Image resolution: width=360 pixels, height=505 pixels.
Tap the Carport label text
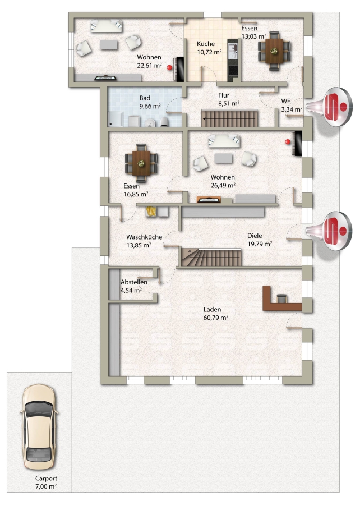[46, 478]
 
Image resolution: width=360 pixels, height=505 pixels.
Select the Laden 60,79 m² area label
[215, 313]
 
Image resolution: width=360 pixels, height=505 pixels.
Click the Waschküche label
[144, 237]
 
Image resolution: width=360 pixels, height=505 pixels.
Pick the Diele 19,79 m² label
[259, 240]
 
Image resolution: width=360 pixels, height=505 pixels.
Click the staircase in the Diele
[211, 257]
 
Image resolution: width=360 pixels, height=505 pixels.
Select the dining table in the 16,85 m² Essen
[141, 163]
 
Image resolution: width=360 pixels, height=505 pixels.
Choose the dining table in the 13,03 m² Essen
[274, 51]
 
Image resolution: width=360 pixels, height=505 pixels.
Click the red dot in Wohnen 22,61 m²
[169, 68]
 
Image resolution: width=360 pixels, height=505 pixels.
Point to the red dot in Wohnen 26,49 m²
[288, 142]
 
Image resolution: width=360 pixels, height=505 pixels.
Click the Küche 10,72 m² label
[209, 48]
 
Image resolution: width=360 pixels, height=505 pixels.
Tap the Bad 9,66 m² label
[150, 102]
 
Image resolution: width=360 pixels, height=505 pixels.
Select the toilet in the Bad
[164, 121]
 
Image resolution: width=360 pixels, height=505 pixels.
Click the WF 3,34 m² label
[292, 105]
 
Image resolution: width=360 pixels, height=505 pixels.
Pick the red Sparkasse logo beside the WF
[337, 107]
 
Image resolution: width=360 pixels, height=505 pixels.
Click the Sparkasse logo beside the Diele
[337, 231]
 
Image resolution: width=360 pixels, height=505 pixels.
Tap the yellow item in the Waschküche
[151, 211]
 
